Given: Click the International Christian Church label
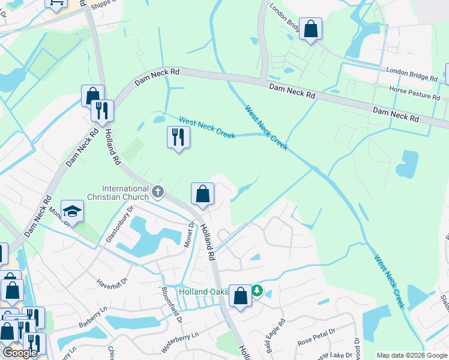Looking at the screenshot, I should (x=125, y=193).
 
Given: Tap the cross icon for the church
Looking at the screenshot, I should (x=158, y=192).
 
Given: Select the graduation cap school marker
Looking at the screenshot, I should (x=72, y=211).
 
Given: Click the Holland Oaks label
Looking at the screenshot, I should (x=203, y=292).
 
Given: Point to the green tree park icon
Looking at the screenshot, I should (x=258, y=291).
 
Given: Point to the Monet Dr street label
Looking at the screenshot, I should (x=191, y=233).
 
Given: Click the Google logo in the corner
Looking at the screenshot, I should (x=20, y=352).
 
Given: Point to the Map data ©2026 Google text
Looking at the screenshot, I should (x=411, y=355).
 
